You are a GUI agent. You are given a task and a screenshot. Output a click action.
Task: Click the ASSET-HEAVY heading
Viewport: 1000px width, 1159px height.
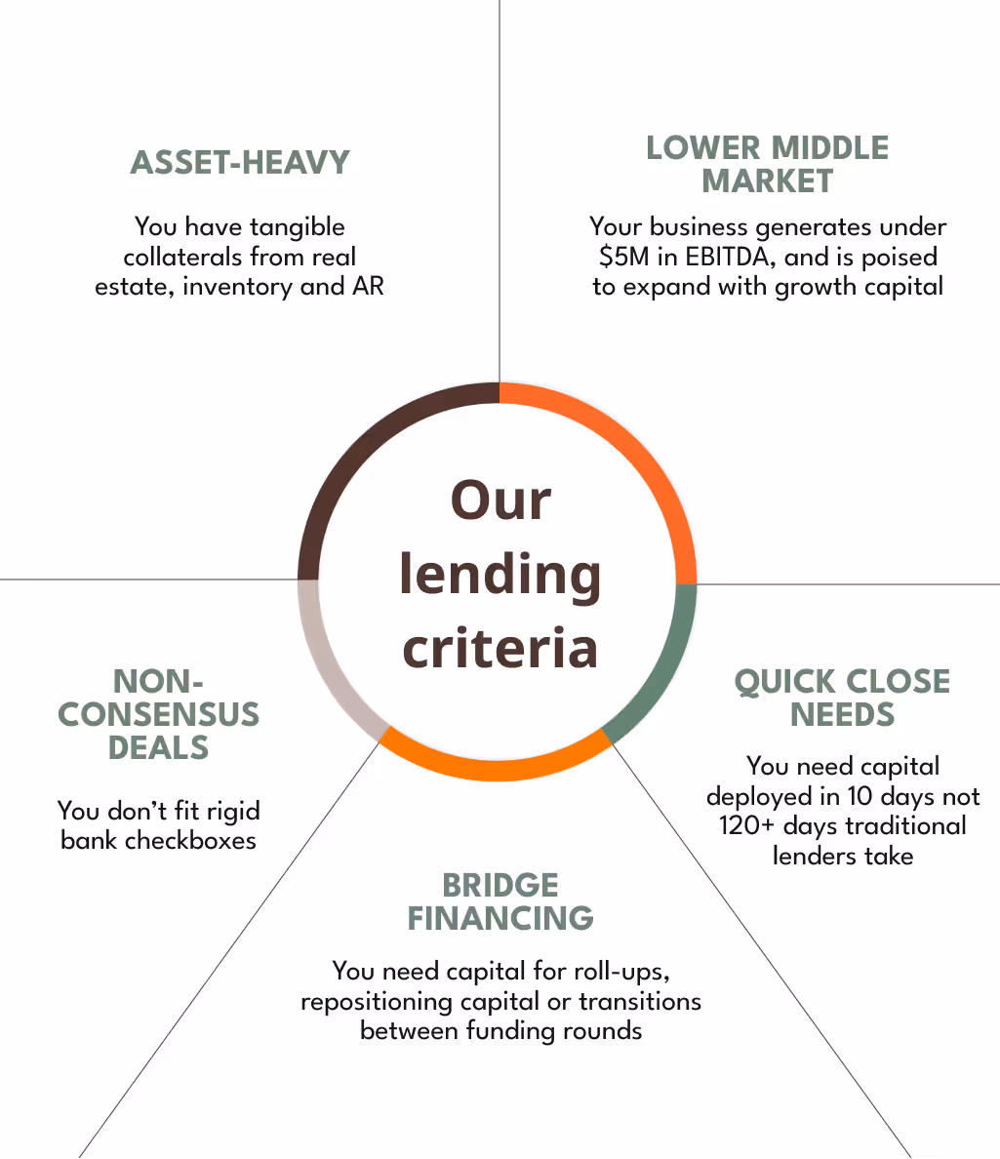point(240,162)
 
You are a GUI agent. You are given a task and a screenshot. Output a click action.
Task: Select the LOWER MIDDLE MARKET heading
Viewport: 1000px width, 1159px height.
point(768,165)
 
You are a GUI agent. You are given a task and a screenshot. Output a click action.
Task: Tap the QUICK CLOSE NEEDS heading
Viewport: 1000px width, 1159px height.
point(842,698)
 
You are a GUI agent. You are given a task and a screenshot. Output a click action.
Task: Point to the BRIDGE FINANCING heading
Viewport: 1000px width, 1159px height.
point(500,901)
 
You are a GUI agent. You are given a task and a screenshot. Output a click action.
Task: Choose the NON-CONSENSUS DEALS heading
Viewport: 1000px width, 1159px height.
point(158,714)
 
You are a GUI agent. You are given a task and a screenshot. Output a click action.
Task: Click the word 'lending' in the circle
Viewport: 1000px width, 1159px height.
point(500,575)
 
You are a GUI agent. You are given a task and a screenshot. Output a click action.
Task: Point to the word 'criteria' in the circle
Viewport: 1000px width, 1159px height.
point(500,649)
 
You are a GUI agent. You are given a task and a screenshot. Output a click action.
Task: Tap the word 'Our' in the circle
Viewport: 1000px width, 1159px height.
point(500,500)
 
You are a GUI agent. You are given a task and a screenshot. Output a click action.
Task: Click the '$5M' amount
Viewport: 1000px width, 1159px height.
point(620,258)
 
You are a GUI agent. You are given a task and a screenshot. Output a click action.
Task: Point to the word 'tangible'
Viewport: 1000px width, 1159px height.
point(297,227)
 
